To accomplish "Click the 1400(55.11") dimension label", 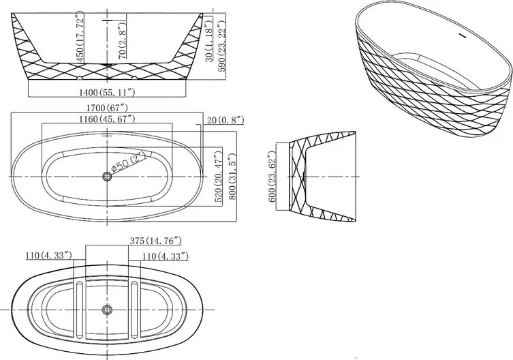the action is coord(107,92).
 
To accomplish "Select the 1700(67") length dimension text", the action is coord(107,108).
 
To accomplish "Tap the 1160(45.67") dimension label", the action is coord(107,119).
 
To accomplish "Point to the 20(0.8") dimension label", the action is coord(226,120).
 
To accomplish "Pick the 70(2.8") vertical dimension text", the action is coord(123,40).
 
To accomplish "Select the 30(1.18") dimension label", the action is coord(209,40).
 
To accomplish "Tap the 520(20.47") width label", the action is coord(218,177).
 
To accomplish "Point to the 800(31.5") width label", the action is coord(232,176).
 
